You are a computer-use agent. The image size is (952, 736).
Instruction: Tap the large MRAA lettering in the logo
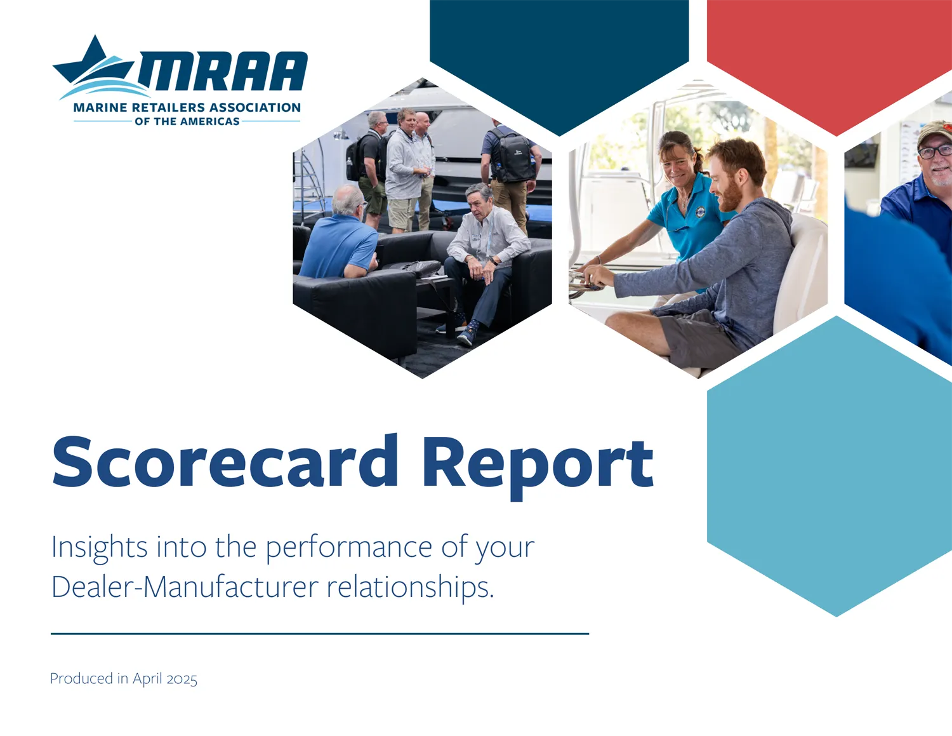223,71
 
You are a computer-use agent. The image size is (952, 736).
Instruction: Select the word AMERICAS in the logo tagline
210,121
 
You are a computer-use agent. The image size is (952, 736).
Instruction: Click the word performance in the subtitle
348,549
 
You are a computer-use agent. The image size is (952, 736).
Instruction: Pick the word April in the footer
147,679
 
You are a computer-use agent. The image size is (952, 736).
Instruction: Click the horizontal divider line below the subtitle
320,633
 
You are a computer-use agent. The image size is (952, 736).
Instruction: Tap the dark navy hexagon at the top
559,62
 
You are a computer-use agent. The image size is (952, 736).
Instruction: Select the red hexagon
830,62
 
